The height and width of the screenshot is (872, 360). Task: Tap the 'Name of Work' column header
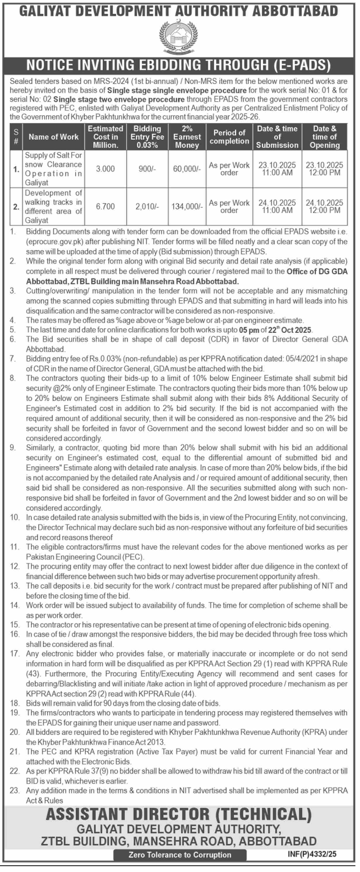click(54, 137)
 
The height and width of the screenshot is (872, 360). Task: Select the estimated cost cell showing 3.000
click(105, 169)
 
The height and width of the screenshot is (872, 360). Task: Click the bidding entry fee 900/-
click(147, 169)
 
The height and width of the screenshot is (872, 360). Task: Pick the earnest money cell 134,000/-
click(187, 206)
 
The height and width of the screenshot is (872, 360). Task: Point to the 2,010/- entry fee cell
click(147, 206)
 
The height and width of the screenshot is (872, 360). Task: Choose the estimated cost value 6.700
click(105, 206)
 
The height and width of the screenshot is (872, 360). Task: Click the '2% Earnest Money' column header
click(187, 137)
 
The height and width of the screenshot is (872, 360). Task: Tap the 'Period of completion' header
click(229, 137)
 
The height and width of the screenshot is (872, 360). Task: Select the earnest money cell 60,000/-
click(187, 169)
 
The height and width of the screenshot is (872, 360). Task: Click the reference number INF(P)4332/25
click(312, 854)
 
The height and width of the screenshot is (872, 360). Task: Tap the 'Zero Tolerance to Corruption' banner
click(180, 855)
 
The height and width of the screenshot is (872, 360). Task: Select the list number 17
click(15, 653)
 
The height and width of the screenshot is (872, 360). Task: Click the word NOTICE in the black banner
click(49, 65)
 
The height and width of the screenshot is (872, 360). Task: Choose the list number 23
click(15, 790)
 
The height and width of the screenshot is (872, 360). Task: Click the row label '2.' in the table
click(16, 206)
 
